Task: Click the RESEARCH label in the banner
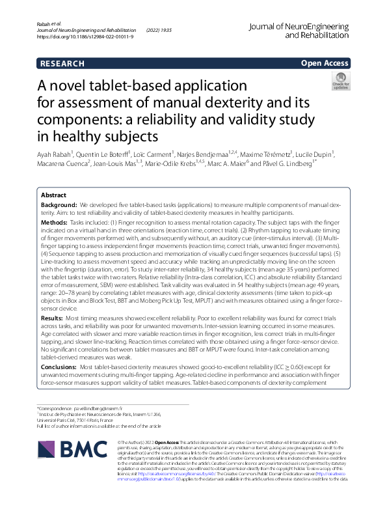(62, 63)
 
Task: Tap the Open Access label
(325, 63)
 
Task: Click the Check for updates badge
(340, 83)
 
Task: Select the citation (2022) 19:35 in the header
(158, 30)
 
